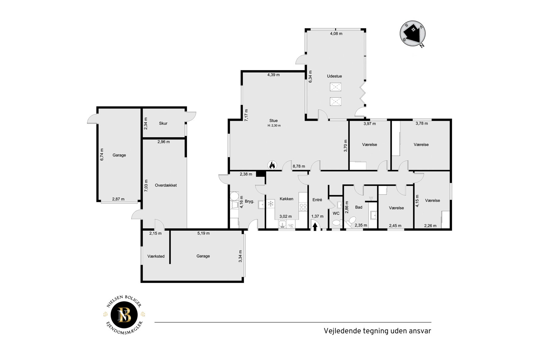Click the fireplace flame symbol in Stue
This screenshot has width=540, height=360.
[x=272, y=165]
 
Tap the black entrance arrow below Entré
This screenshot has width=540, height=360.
[x=315, y=227]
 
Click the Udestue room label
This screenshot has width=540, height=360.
[x=334, y=76]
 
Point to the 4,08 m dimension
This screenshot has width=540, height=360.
[x=336, y=34]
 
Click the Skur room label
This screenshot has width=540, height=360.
[x=163, y=123]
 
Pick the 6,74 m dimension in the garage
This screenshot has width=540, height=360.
[x=102, y=154]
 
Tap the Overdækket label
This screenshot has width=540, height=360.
[x=166, y=185]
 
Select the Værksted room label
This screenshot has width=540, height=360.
[x=156, y=256]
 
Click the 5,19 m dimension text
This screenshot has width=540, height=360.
[x=204, y=233]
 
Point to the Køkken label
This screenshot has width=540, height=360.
[x=286, y=199]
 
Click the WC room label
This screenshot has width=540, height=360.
[x=336, y=213]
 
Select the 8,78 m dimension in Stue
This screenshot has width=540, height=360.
[x=299, y=166]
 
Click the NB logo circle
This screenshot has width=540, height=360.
[x=124, y=315]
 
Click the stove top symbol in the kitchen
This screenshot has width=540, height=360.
[x=303, y=206]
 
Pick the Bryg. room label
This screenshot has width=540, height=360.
[x=249, y=201]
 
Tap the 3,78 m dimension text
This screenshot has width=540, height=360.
[x=422, y=123]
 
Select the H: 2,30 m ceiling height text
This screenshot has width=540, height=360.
[x=274, y=126]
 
